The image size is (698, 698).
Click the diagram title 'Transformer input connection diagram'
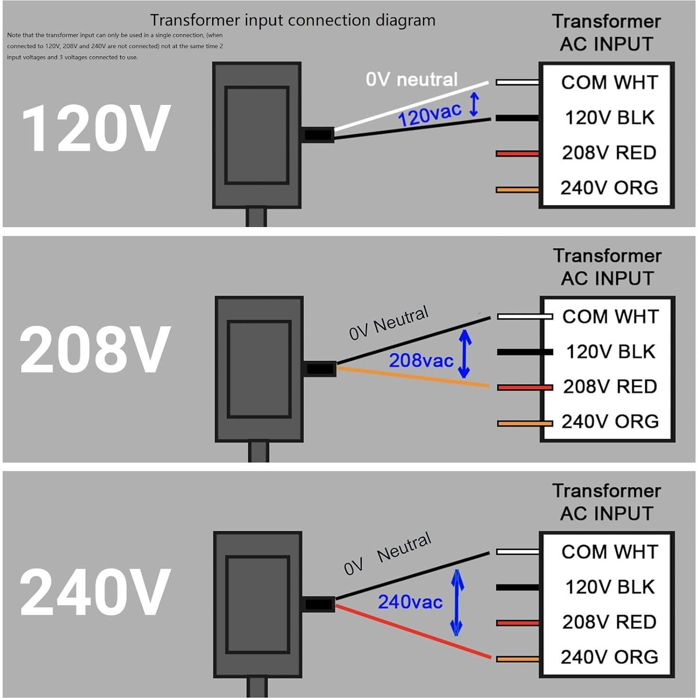coord(292,20)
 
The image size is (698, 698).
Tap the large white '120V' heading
coord(96,128)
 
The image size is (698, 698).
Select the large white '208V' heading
coord(94,349)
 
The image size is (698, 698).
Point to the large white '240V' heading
coord(94,592)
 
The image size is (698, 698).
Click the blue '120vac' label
coord(429,114)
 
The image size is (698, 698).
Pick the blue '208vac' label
coord(421,361)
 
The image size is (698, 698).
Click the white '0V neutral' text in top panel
coord(411,79)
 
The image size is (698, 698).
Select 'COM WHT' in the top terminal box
coord(609,83)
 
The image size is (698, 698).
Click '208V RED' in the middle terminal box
coord(610,387)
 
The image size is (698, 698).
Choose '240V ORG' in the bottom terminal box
coord(609,657)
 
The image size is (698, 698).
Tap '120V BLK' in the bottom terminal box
coord(610,587)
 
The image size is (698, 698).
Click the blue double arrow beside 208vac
coord(465,354)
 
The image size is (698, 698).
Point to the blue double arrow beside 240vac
coord(457,602)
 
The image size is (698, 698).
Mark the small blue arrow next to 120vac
coord(474,104)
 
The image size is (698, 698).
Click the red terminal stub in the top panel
coord(517,153)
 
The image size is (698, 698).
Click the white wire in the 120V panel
coord(411,106)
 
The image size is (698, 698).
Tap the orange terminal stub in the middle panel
coord(524,424)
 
